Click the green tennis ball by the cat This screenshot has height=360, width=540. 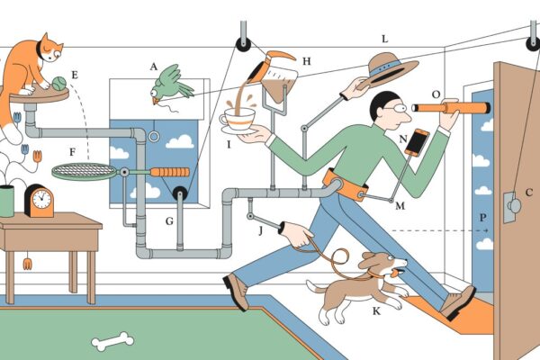[x=58, y=84]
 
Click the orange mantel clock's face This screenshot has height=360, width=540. [x=42, y=200]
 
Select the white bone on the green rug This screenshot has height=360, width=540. [x=112, y=341]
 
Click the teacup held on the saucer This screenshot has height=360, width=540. [x=238, y=118]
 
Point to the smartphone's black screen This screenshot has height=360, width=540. [x=417, y=141]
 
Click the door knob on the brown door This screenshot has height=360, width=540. [x=515, y=206]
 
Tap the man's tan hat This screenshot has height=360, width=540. [x=389, y=70]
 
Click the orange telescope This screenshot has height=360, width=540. [x=451, y=108]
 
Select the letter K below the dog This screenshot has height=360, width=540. [x=376, y=311]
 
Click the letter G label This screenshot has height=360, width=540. [x=169, y=221]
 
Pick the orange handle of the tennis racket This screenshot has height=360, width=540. [x=170, y=172]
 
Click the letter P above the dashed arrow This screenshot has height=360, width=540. [x=482, y=218]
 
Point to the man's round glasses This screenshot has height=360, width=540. [x=397, y=109]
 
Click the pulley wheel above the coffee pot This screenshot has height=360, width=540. [x=243, y=44]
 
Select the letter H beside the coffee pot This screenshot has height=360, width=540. [x=307, y=61]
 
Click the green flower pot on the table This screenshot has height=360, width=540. [x=6, y=202]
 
